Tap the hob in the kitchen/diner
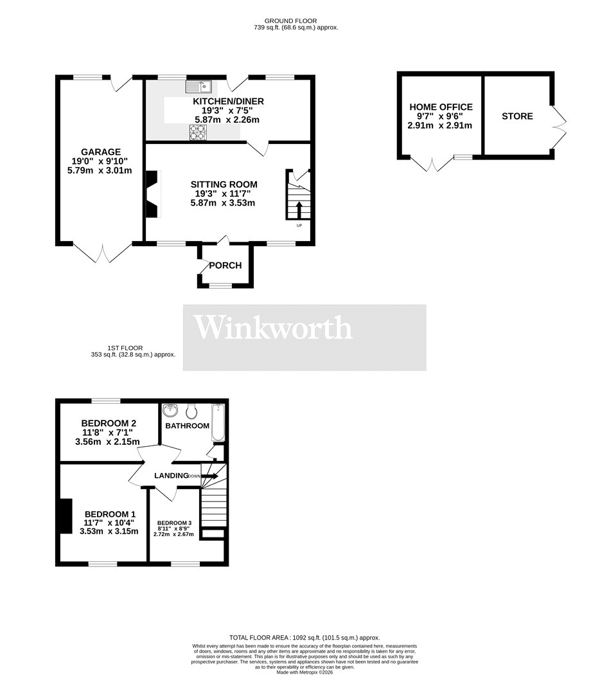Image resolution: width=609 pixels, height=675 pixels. [x=198, y=132]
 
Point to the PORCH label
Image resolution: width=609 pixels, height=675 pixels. [x=225, y=265]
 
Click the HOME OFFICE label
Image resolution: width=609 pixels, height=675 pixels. [x=440, y=107]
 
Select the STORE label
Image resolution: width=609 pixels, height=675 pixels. [x=517, y=116]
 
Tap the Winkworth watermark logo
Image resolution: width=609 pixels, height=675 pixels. [x=274, y=328]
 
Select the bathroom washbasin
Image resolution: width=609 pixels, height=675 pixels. [x=171, y=410]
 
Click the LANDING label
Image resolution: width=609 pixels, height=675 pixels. [x=171, y=476]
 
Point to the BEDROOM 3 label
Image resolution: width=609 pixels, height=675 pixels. [x=173, y=523]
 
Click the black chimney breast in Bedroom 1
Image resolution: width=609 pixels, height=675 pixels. [x=65, y=516]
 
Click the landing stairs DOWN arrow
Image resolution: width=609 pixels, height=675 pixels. [x=209, y=476]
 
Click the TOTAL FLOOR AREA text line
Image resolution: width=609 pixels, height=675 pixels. [x=304, y=637]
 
